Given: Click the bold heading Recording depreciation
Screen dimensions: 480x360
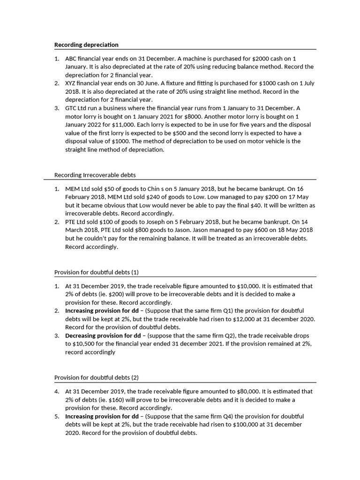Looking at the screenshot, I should pos(86,45).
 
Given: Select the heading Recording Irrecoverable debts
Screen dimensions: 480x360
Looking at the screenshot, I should pos(95,175).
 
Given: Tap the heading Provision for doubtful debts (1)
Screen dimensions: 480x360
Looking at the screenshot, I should pos(96,272).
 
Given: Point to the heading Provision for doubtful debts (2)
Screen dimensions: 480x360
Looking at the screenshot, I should pos(96,377).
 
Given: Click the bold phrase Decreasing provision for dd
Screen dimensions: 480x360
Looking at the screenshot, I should pos(102,336).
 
